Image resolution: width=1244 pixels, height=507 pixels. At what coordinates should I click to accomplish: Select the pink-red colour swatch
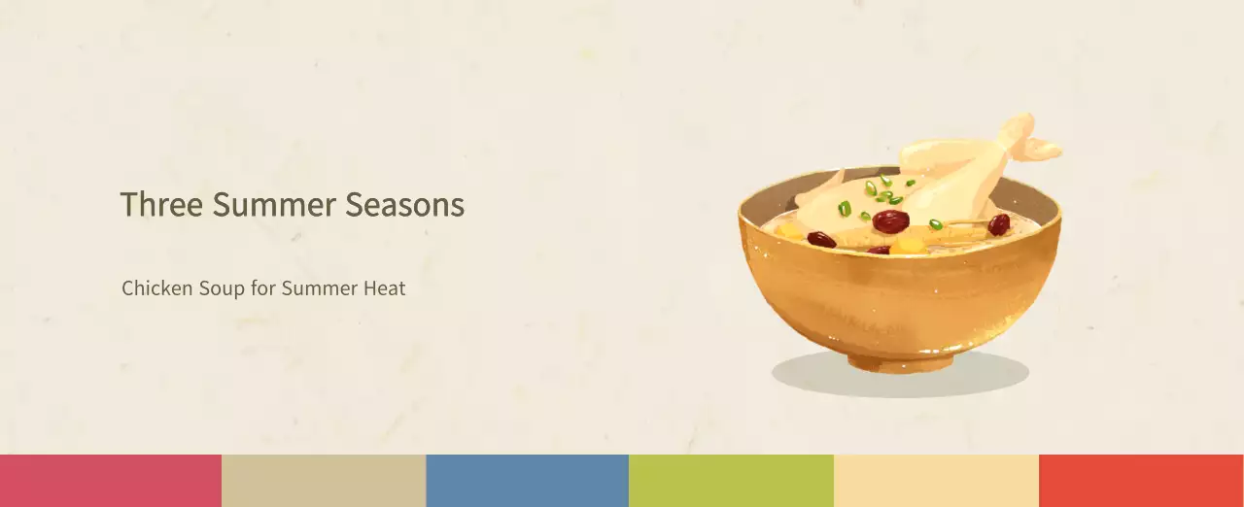click(110, 481)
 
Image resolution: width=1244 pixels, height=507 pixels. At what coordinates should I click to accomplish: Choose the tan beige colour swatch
click(324, 481)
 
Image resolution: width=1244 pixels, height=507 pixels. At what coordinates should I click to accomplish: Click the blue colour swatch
click(527, 481)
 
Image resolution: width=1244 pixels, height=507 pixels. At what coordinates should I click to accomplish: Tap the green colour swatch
click(731, 481)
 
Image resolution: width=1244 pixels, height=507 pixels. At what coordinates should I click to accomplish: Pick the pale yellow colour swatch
click(936, 481)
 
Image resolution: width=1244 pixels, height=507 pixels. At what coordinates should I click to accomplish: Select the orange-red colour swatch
click(1141, 481)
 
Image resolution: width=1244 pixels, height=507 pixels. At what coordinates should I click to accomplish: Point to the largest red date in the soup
click(890, 221)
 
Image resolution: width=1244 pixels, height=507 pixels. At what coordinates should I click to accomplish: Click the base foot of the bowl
click(899, 362)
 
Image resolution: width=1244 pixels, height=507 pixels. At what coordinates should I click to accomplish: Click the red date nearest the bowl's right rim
click(999, 225)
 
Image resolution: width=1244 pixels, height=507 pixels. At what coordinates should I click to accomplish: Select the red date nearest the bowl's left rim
click(821, 239)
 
